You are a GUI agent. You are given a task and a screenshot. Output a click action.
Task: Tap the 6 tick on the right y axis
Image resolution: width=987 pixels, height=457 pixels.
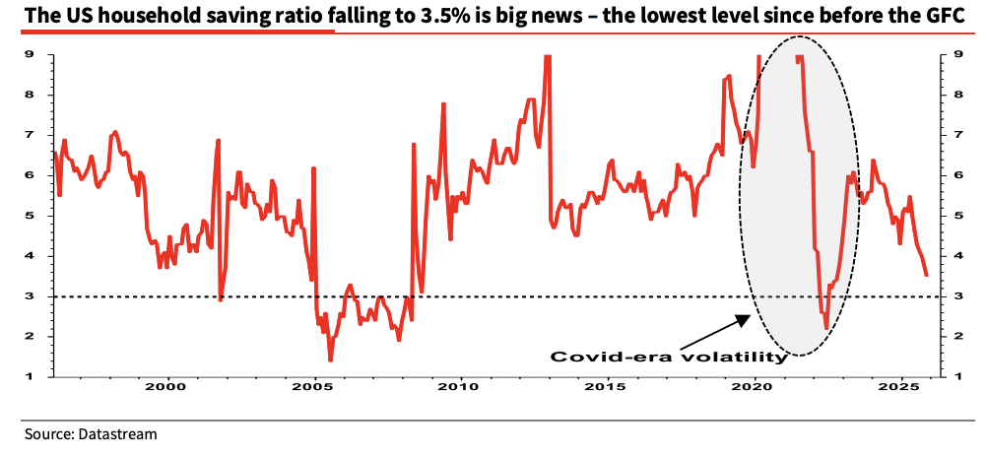946,175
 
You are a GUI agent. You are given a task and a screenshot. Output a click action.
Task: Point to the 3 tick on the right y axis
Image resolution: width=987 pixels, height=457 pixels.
946,296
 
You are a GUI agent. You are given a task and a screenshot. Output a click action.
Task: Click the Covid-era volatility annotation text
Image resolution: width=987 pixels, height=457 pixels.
669,357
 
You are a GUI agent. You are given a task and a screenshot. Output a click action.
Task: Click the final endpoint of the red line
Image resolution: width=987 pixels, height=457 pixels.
926,276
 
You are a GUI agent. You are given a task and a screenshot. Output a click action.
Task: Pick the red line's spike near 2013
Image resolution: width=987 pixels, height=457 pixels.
547,58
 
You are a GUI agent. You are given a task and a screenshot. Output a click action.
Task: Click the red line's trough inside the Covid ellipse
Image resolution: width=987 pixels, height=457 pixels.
825,328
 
